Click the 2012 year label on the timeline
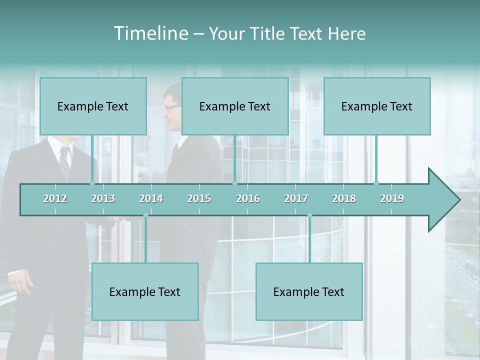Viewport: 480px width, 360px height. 55,198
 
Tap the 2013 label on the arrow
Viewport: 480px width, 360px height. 103,198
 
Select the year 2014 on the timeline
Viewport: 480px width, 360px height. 151,198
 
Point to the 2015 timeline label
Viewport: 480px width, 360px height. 199,198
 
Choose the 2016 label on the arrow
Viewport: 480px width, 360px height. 248,198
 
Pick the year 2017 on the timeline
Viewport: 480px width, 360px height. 296,198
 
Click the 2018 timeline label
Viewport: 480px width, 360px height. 344,198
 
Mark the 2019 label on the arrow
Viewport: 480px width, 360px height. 392,198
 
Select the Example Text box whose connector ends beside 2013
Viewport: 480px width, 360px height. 93,106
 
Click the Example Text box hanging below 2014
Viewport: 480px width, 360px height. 145,291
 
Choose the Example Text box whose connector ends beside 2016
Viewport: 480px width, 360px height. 235,106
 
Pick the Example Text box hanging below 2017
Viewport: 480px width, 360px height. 309,291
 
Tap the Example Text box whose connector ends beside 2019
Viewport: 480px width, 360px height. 377,106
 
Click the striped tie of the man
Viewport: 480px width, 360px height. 65,162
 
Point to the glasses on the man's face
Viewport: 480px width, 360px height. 170,107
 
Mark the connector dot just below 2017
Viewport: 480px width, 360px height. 309,215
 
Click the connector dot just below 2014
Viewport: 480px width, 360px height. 145,215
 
